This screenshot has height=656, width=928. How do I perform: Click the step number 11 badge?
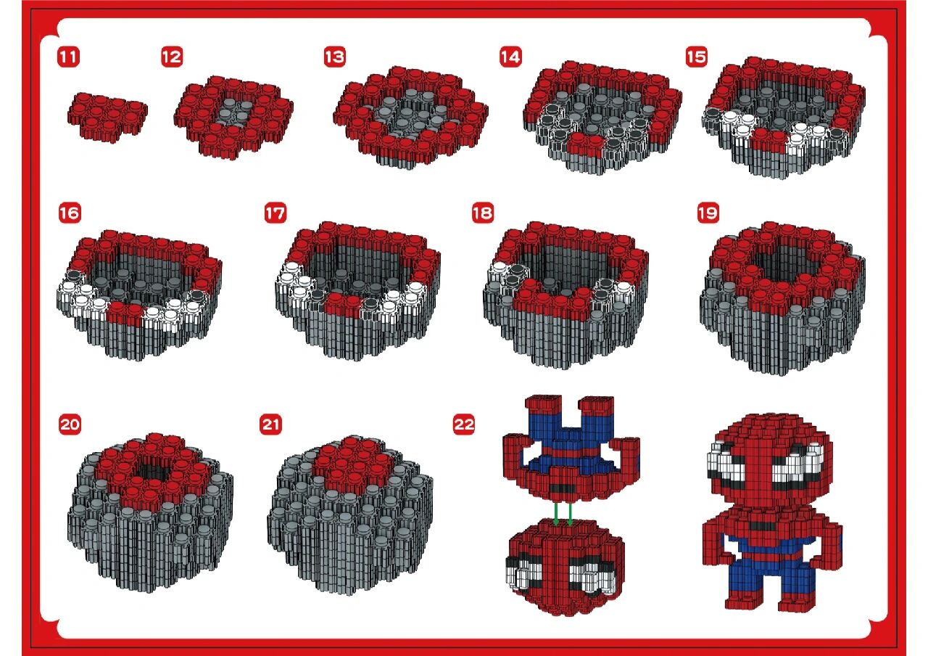click(x=68, y=57)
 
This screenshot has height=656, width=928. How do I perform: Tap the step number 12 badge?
click(x=172, y=57)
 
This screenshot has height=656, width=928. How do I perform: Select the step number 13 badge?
click(x=335, y=57)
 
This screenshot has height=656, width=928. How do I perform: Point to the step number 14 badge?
click(x=510, y=57)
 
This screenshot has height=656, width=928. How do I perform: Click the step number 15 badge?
click(x=697, y=57)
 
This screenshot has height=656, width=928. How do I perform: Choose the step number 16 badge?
click(x=70, y=213)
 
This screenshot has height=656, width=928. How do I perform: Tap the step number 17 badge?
click(x=275, y=213)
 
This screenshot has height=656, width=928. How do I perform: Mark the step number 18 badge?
click(x=483, y=213)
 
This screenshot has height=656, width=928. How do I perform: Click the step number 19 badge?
click(x=708, y=213)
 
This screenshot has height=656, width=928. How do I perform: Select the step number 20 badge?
click(x=70, y=425)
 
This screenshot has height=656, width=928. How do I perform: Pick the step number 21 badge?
click(x=270, y=425)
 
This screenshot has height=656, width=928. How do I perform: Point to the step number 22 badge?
click(x=463, y=425)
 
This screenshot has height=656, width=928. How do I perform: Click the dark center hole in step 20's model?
click(x=152, y=472)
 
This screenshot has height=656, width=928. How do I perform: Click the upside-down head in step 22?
click(x=564, y=566)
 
